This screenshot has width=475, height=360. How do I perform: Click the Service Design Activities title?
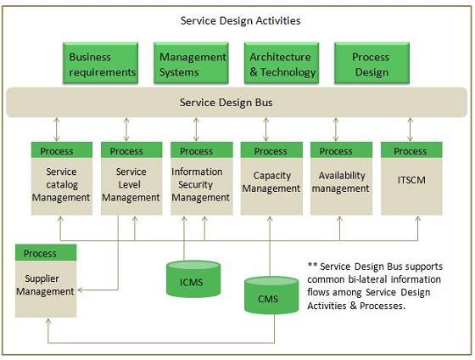click(240, 20)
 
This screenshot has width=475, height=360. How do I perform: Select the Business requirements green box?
click(102, 65)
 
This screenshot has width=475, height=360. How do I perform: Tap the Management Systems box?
click(193, 65)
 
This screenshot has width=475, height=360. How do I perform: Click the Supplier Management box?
click(46, 285)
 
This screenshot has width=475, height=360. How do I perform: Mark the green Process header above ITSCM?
click(411, 151)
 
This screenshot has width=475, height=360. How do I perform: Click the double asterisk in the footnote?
click(312, 266)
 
